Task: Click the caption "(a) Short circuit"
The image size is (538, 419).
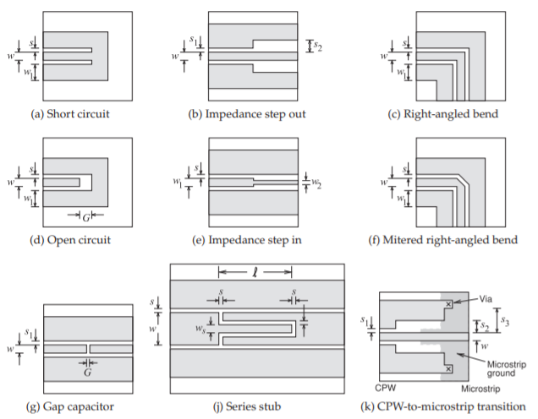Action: [70, 114]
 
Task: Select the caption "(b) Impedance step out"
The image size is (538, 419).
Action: [247, 114]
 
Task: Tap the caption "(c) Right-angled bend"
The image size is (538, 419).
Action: [442, 114]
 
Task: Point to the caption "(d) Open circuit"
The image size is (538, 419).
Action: [70, 240]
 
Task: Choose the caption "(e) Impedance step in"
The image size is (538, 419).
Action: [247, 240]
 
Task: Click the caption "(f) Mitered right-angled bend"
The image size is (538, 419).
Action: [442, 240]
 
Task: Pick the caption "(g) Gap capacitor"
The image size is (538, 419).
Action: [70, 406]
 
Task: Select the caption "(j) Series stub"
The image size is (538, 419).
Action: [247, 406]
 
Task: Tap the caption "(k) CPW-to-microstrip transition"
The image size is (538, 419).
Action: [443, 406]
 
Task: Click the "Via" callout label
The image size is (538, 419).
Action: [486, 299]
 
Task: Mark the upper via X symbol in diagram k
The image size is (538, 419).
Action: [448, 304]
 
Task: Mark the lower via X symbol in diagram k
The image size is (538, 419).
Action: [448, 369]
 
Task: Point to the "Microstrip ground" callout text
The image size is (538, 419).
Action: [507, 368]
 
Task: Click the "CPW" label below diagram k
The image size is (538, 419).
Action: [386, 388]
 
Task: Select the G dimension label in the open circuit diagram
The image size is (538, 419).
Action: [85, 217]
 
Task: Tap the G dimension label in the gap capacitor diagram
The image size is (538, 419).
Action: [87, 372]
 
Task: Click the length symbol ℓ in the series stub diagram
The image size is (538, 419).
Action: [255, 273]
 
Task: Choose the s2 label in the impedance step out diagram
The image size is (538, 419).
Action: [318, 46]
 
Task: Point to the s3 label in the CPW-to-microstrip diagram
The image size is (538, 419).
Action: [505, 321]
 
